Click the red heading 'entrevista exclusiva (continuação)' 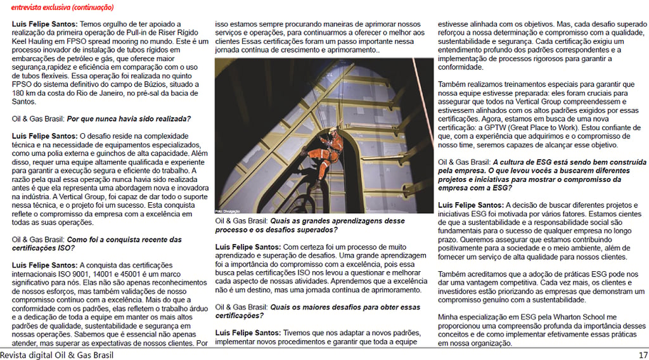62,8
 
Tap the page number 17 643,355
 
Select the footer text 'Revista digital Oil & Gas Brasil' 57,355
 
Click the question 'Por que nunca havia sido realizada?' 129,119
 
